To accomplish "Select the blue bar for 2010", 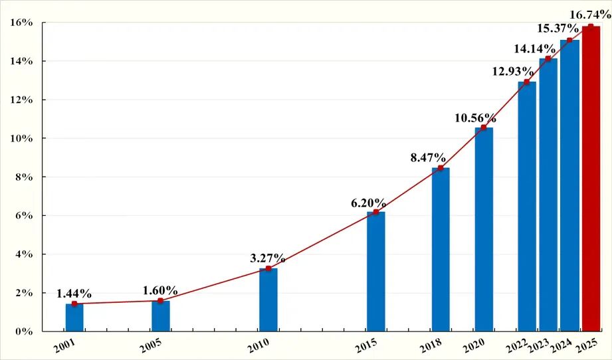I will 268,300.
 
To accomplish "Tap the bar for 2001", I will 74,317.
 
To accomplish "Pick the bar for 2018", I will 441,249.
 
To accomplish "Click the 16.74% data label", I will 590,15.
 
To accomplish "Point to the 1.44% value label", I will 74,293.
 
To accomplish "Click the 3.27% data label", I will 268,258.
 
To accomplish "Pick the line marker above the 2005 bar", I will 161,301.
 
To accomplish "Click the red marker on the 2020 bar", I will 484,128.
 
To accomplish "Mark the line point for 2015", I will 376,212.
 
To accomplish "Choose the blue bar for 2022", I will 527,206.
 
